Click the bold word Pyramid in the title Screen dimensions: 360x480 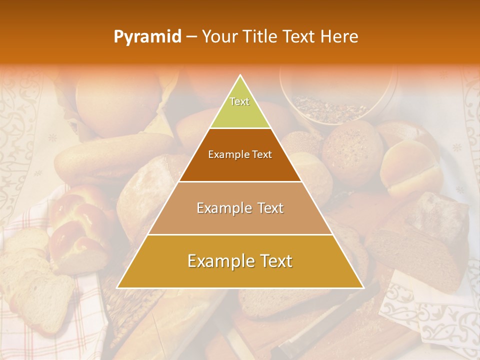147,36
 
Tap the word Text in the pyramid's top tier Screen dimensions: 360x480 239,101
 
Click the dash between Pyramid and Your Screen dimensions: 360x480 191,36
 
